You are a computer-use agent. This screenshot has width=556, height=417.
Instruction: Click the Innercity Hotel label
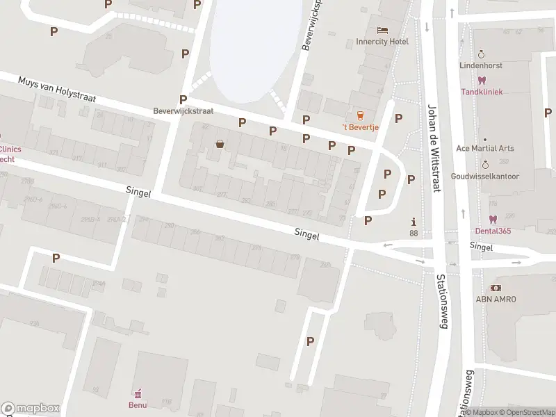coord(382,42)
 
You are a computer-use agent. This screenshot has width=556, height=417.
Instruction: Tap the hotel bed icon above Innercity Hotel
coord(382,30)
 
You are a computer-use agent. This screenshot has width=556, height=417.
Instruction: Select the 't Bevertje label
coord(359,126)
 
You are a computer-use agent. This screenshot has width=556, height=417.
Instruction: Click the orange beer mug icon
coord(359,115)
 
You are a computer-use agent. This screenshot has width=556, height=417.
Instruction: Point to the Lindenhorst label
coord(480,65)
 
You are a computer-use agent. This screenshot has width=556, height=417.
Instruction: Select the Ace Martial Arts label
coord(485,149)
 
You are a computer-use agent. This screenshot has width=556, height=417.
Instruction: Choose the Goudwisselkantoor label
coord(485,177)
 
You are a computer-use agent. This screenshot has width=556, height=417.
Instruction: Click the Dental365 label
coord(494,231)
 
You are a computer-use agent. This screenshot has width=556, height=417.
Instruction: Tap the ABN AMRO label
coord(495,300)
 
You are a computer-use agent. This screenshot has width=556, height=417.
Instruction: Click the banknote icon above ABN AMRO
coord(495,288)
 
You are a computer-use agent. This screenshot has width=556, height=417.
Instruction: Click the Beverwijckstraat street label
coord(183,111)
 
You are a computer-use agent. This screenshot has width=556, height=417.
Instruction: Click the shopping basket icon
coord(220,144)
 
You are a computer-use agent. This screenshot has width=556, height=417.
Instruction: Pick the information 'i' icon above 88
coord(414,222)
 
